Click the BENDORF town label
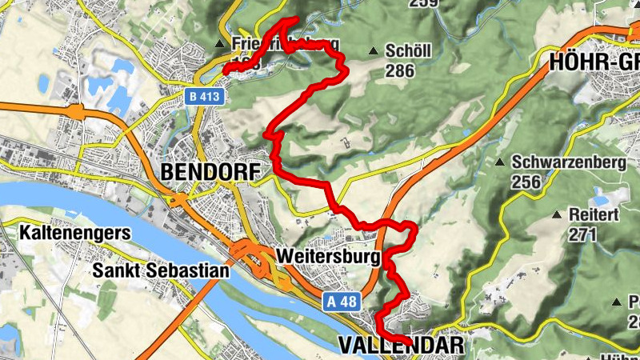211,171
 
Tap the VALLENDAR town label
401,346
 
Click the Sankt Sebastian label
160,270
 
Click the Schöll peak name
408,51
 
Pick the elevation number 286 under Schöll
400,70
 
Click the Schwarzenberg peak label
568,162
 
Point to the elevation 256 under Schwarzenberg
526,182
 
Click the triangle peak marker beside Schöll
373,52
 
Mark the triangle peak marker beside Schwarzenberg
499,162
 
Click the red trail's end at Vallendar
411,343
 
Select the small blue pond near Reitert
598,194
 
